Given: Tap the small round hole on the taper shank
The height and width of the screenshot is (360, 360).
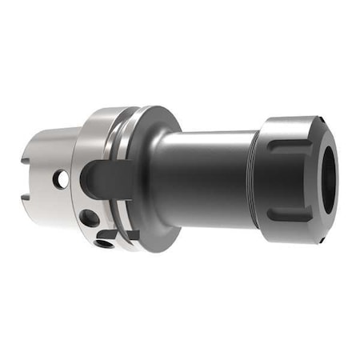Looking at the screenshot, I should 61,180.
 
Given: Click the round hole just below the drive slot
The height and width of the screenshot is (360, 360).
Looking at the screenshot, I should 90,217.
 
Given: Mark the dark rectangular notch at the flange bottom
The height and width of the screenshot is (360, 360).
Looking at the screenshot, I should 129,235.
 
